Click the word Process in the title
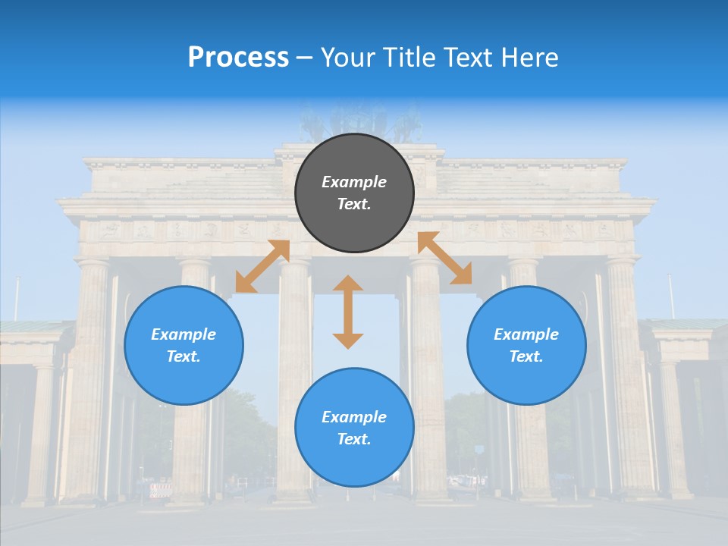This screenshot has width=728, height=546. coord(238,58)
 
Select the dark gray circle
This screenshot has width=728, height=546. coord(354,193)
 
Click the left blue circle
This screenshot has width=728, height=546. coord(184,345)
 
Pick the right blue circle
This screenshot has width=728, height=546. coord(526,345)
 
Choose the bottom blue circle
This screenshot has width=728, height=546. coord(354,428)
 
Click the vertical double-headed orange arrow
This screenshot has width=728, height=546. coord(348,312)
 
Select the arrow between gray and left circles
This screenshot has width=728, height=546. coord(262,266)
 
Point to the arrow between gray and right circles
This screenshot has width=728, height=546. coord(445,258)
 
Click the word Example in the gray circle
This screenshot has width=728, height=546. coord(354,182)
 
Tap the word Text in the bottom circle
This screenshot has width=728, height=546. coord(354,439)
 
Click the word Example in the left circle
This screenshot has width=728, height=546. coord(184,334)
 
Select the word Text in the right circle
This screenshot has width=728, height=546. coord(526,356)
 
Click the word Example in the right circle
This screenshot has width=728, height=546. coord(526,334)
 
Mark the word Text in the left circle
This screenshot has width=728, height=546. coord(184,356)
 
